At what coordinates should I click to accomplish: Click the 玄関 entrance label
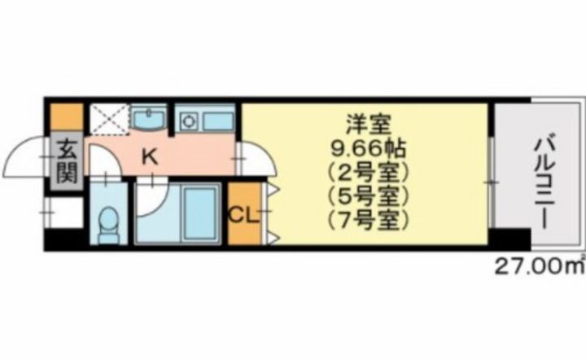[x=64, y=163]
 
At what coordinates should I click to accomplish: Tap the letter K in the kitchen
[x=150, y=156]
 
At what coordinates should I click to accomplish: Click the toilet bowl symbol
[x=107, y=223]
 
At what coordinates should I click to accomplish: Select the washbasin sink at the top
[x=149, y=119]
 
